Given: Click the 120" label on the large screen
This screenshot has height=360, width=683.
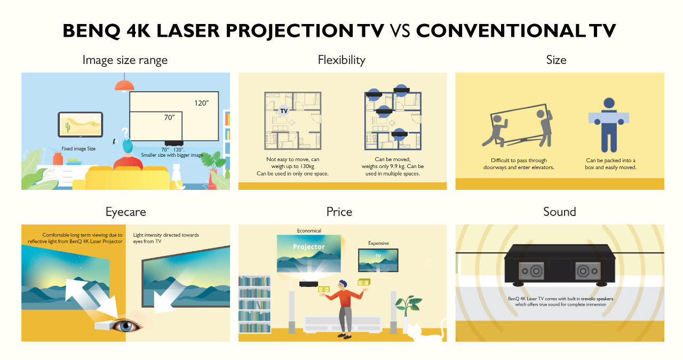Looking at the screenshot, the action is point(201,103).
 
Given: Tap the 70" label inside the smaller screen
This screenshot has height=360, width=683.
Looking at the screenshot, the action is point(169,117).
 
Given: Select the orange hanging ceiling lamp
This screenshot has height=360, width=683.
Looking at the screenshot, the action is point(124,85).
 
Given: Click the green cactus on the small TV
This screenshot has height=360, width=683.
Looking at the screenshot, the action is point(68,126).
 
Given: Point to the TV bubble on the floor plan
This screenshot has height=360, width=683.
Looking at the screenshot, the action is point(283,111).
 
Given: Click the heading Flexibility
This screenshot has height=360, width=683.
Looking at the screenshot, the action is point(341,60).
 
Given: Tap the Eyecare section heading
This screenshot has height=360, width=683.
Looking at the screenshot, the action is point(125,212).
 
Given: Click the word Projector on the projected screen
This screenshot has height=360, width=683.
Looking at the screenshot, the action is point(309,246).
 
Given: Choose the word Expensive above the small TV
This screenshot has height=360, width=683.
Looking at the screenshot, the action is point(378,243).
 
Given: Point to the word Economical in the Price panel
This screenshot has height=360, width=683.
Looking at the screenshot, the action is point(309,231).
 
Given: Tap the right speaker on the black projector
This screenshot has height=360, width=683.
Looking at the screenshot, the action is point(588,271).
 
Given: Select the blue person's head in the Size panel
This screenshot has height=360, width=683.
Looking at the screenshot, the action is point(609,103).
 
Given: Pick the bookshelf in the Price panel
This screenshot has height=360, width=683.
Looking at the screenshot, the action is point(255,304).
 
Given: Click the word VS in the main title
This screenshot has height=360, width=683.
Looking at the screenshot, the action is point(400,31).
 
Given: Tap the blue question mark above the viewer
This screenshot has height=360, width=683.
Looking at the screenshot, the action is point(125,133).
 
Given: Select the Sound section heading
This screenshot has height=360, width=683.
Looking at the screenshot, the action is point(560,212).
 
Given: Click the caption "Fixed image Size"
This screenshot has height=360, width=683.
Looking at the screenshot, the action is point(78,149).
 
